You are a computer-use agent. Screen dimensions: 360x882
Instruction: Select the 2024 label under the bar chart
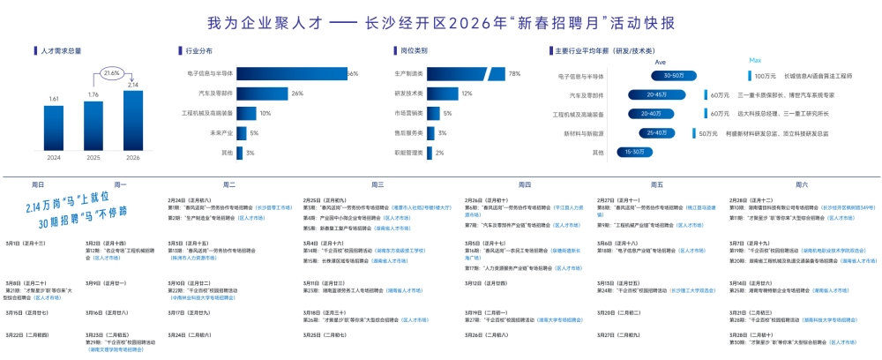tap(54, 157)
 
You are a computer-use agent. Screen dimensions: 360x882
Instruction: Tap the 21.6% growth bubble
tap(111, 72)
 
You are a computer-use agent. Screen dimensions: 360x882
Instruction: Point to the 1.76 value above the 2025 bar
tap(93, 94)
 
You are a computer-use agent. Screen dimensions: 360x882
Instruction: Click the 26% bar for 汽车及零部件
tap(261, 94)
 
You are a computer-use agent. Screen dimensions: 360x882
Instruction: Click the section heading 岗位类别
tap(414, 51)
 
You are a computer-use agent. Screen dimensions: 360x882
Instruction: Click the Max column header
tap(755, 61)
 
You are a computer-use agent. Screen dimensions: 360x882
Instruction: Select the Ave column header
tap(660, 62)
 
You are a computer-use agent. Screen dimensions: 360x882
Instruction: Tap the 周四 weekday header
tap(524, 184)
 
